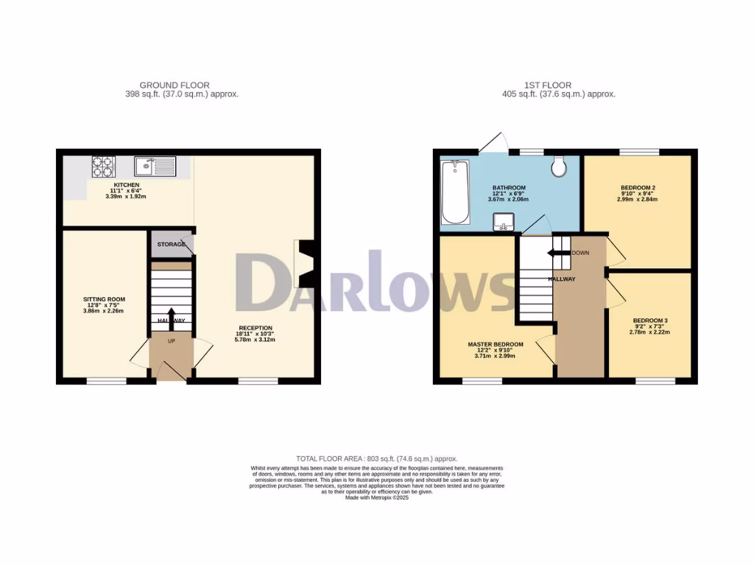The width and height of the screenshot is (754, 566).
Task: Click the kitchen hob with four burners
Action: pos(103,166)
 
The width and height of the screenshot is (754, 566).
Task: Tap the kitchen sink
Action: pos(155,167)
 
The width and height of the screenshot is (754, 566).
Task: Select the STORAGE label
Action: pos(170,244)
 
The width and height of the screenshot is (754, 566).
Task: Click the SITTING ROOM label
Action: pos(104,299)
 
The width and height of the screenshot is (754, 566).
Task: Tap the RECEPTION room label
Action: pos(256,328)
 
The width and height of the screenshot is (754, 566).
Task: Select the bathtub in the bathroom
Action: pos(454,192)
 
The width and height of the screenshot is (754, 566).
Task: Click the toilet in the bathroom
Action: pos(559,167)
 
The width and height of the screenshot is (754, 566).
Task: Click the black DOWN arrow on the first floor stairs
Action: pos(557,254)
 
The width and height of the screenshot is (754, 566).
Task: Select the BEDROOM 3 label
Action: pos(650,321)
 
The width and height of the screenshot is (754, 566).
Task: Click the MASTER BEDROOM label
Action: pos(496,344)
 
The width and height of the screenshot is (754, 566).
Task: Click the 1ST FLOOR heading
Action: pos(549,85)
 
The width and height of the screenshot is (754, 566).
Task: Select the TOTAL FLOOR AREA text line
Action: pos(377,459)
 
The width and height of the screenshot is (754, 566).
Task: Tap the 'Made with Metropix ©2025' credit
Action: pos(377,497)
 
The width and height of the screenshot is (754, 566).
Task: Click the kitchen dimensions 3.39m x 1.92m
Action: pos(126,197)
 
